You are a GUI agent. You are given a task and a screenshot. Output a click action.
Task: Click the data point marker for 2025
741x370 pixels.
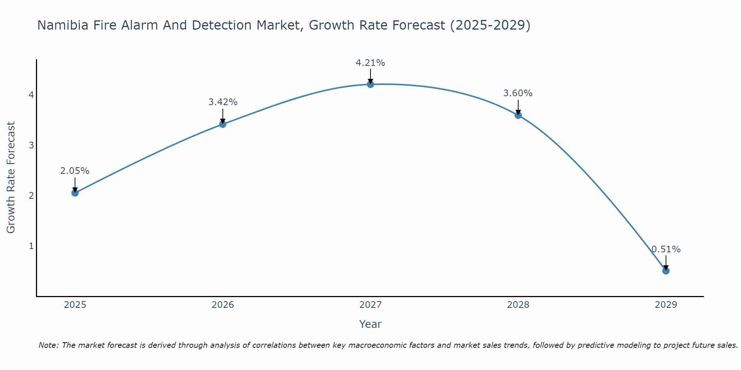click(75, 193)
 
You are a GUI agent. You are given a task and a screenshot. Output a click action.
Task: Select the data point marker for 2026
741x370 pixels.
click(223, 124)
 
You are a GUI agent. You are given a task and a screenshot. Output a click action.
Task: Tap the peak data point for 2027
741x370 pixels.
click(370, 84)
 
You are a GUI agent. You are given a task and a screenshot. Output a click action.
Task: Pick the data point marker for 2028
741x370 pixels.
click(518, 115)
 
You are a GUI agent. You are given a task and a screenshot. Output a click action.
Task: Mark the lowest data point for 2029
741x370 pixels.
click(666, 271)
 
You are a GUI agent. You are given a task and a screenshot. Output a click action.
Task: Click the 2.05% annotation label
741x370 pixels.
click(75, 171)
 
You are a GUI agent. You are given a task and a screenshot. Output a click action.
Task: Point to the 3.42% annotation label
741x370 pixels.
click(223, 102)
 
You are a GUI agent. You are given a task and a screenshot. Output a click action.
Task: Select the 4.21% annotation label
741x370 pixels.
click(370, 63)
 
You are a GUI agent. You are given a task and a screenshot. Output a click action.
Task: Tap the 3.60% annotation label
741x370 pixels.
click(518, 93)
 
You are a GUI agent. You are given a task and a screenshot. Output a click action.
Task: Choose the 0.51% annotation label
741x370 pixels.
click(666, 249)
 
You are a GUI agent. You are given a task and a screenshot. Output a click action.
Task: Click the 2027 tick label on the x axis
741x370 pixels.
click(370, 305)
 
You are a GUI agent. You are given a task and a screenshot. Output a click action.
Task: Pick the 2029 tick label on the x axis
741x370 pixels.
click(666, 305)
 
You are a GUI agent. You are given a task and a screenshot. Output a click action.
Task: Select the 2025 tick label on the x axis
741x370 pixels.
click(75, 305)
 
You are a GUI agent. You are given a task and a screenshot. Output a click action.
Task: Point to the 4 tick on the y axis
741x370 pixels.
click(31, 95)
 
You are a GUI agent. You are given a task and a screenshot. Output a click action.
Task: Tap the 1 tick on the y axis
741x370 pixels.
click(31, 246)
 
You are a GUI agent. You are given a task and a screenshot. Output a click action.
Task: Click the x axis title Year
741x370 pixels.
click(370, 324)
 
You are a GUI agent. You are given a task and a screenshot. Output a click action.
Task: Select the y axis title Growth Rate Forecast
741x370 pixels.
click(11, 178)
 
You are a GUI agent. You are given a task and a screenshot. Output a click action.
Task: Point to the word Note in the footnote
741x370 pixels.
click(48, 345)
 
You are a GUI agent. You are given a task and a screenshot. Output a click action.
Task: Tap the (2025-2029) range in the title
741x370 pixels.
click(490, 25)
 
